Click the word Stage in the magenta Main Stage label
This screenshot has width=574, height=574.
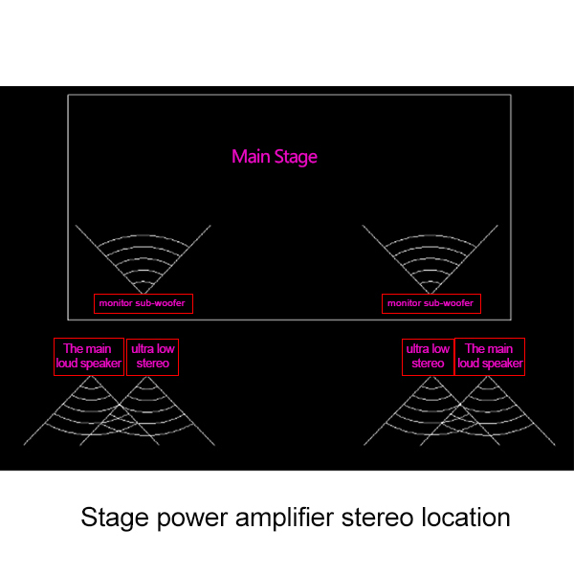point(296,158)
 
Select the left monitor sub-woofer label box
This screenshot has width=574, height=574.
point(143,303)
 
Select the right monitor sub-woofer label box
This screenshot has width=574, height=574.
point(431,303)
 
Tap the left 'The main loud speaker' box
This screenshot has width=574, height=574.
point(89,357)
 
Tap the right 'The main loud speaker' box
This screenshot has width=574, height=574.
point(490,357)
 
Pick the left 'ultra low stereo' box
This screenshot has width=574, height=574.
point(152,357)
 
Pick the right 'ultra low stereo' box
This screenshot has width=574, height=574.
point(428,357)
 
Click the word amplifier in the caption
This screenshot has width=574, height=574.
point(284,518)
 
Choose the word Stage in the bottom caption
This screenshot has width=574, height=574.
point(115,519)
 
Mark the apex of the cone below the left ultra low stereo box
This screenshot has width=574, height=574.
point(147,377)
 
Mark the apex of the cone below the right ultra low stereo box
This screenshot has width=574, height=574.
point(431,377)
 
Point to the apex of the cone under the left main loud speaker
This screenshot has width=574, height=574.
point(91,377)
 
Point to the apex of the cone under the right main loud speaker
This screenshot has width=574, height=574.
point(488,377)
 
